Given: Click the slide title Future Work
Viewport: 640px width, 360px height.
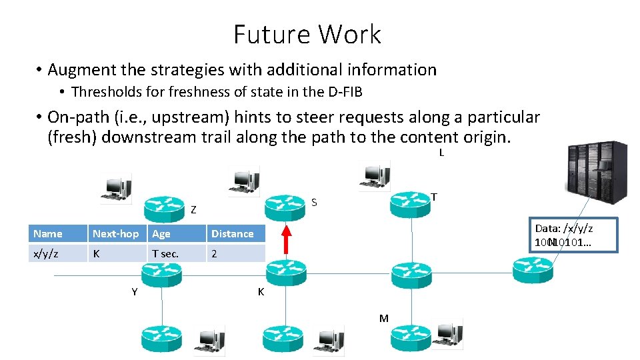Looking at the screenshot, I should pyautogui.click(x=307, y=35).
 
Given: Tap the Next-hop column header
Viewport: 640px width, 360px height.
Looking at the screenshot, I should pyautogui.click(x=116, y=233).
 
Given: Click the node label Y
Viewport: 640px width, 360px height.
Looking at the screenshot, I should pyautogui.click(x=135, y=291).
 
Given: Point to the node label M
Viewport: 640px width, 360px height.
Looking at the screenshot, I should pyautogui.click(x=383, y=318).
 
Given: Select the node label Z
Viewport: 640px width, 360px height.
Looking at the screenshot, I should pyautogui.click(x=193, y=210).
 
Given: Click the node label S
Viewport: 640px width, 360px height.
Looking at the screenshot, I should pyautogui.click(x=315, y=202).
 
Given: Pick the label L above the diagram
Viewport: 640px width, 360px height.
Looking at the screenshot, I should pyautogui.click(x=441, y=153).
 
